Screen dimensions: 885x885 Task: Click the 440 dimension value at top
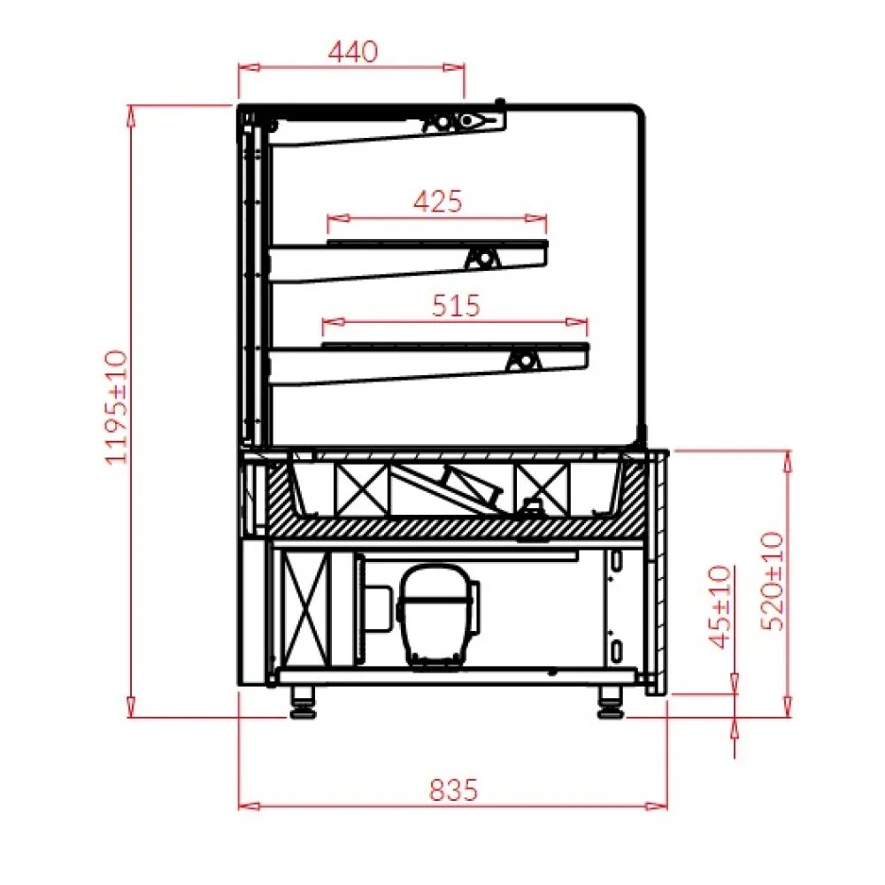(x=352, y=51)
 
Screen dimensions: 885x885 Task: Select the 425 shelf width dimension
(x=438, y=202)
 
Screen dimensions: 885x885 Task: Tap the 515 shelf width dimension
(x=456, y=305)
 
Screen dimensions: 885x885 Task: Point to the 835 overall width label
(x=454, y=789)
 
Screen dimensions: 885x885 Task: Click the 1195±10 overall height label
(x=118, y=407)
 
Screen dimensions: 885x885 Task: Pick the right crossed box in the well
(x=543, y=489)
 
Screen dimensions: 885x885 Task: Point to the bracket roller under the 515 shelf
(x=525, y=360)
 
